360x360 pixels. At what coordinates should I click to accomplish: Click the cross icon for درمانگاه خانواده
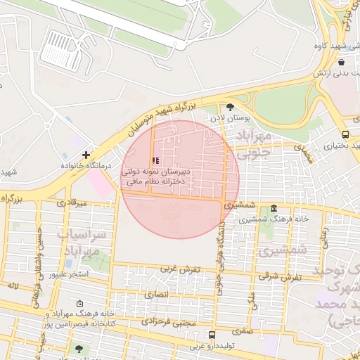pos(86,155)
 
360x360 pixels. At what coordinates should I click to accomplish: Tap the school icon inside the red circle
pos(155,161)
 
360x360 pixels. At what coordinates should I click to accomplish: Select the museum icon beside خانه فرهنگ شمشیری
pos(274,209)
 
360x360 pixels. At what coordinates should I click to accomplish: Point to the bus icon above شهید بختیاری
pos(345,134)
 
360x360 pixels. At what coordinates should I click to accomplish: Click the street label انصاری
pos(157,295)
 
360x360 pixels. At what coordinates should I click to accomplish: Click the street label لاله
pos(12,286)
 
